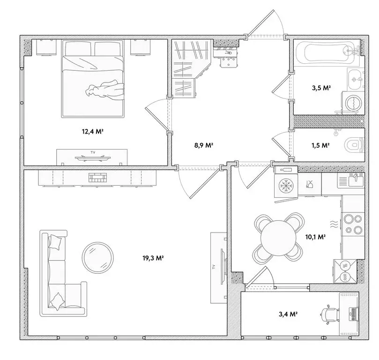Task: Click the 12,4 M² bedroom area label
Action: [x=92, y=132]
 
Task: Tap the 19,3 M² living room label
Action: [x=153, y=258]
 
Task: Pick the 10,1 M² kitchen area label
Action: [x=315, y=237]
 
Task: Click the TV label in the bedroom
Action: [x=92, y=153]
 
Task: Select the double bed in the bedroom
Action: [x=94, y=80]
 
